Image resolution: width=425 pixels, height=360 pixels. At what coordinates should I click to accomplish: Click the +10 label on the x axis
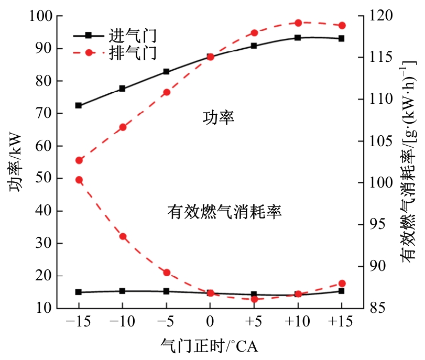tap(297, 321)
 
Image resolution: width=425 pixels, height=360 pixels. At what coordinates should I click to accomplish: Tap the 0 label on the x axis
tap(210, 321)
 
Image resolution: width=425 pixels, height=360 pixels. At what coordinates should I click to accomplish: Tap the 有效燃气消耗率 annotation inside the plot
tap(225, 212)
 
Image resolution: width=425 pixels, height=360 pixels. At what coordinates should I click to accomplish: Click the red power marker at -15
tap(79, 160)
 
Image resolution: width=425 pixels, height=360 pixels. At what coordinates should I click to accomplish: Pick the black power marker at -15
tap(79, 105)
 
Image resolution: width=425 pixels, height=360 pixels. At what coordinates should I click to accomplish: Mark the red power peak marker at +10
tap(298, 23)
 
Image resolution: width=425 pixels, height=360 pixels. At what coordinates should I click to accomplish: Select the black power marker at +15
tap(341, 38)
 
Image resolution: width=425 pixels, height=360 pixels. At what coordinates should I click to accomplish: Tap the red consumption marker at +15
tap(342, 283)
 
